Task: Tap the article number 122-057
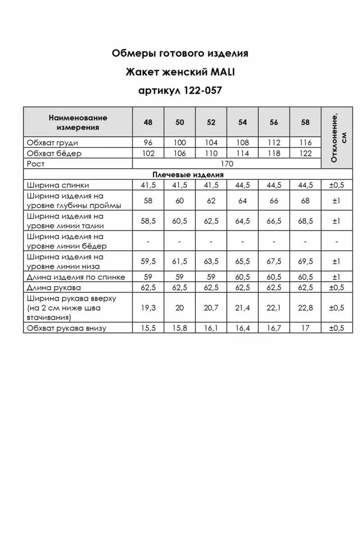[203, 90]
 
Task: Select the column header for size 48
[148, 122]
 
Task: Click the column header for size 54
[242, 122]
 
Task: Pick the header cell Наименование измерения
[78, 122]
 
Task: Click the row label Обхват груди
[52, 143]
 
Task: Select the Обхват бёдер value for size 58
[305, 153]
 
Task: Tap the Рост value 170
[227, 164]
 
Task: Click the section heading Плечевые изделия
[188, 175]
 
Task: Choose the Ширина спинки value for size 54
[242, 185]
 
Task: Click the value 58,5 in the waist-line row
[148, 221]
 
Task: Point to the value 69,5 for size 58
[305, 261]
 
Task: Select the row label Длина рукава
[54, 288]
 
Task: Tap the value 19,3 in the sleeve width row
[148, 308]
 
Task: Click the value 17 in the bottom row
[305, 328]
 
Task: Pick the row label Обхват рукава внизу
[66, 328]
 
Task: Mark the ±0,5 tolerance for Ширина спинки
[337, 185]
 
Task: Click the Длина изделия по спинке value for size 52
[211, 277]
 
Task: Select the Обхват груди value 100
[180, 143]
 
